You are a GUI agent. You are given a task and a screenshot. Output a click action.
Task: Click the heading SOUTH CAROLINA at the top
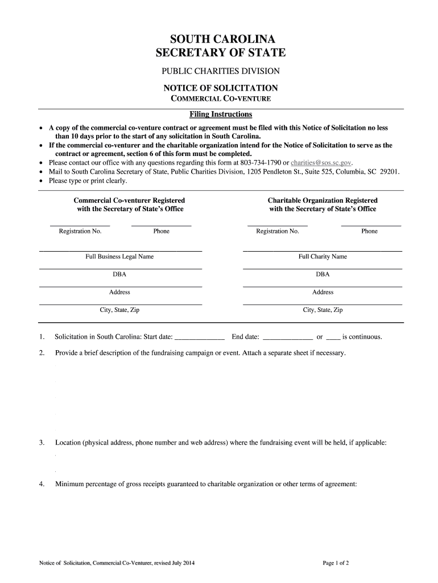(x=221, y=39)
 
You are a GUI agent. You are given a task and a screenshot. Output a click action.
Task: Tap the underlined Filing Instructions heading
(x=221, y=114)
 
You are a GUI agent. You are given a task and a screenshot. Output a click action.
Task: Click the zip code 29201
(x=389, y=171)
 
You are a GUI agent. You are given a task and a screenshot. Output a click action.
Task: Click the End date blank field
(x=289, y=337)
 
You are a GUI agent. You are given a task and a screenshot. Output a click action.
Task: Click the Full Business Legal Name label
(x=119, y=257)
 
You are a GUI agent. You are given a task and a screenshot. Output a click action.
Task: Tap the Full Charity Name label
(x=323, y=257)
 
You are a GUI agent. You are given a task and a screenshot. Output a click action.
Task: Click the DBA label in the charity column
(x=323, y=274)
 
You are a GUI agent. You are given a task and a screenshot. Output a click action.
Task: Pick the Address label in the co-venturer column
(x=119, y=292)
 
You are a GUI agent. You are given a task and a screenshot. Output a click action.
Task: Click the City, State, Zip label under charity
(x=323, y=310)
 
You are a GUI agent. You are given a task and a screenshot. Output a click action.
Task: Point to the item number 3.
(x=42, y=442)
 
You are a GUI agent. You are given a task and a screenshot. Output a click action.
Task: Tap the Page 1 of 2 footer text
(x=336, y=564)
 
